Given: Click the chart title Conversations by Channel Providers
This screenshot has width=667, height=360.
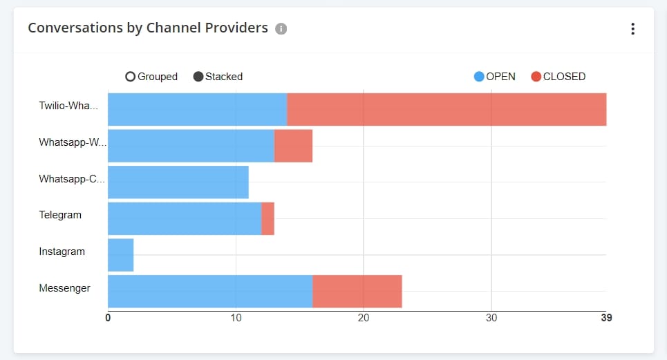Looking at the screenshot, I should (147, 28).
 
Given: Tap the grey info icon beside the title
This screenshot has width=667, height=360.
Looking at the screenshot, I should (281, 29).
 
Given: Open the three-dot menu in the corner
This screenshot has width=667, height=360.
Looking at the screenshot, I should (632, 29).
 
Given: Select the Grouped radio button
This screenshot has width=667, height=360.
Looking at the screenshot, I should (131, 77).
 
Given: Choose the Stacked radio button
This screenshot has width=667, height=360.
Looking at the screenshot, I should (198, 77).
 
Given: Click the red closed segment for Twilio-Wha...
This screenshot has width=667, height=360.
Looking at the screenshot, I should (447, 109).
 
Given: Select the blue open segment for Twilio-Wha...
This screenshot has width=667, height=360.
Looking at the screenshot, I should (197, 109).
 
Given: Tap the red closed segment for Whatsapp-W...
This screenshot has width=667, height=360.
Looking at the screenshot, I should (293, 146).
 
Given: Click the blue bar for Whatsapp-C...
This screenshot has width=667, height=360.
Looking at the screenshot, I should (178, 182).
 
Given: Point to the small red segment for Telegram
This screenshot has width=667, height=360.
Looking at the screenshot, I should (268, 218).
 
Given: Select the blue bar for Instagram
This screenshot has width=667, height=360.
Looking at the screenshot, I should (120, 255).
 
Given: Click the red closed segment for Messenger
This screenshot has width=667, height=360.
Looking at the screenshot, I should (357, 292).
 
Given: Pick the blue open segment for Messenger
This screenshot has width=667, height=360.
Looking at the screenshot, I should (210, 292).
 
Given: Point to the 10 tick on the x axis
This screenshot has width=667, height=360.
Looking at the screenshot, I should (236, 319).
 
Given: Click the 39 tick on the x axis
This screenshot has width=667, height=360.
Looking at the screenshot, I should (606, 319).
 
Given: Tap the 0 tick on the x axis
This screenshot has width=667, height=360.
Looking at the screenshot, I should (108, 319).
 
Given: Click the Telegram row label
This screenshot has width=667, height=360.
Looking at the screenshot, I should (60, 215).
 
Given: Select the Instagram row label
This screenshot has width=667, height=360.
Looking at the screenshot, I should (62, 252).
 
